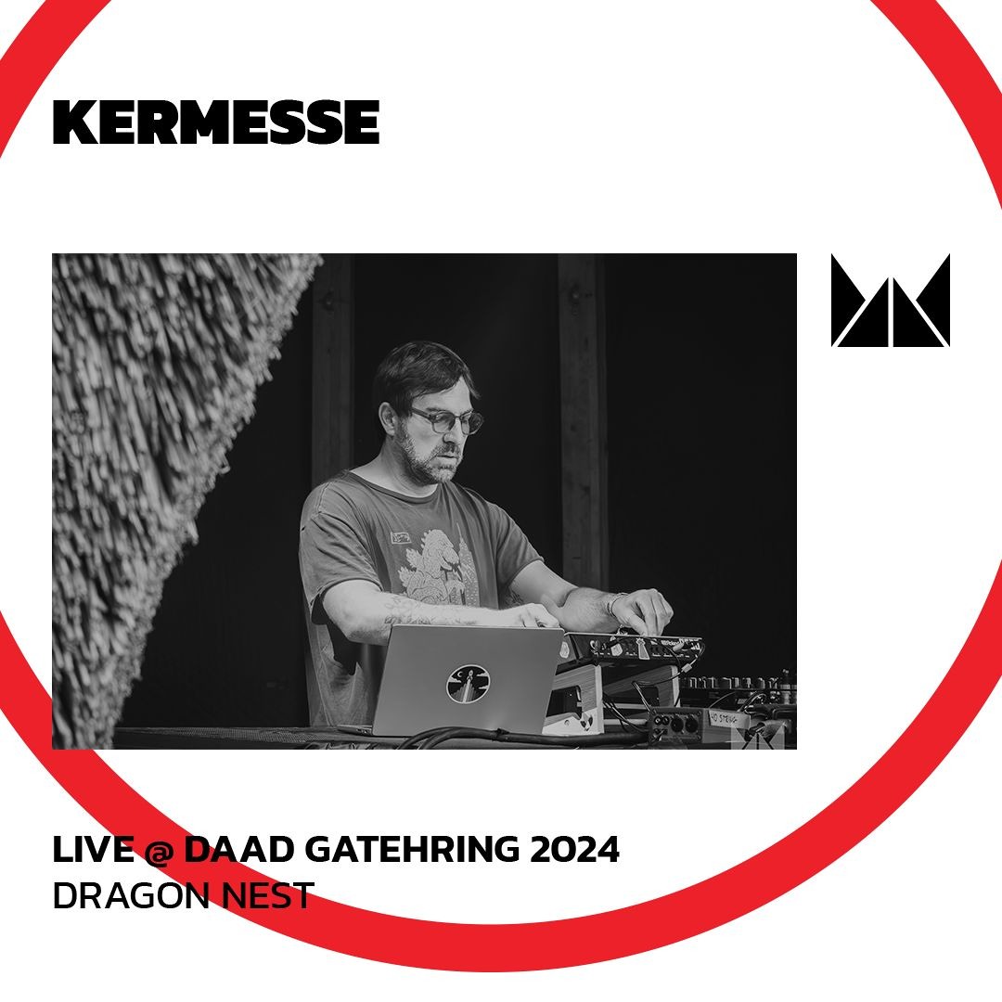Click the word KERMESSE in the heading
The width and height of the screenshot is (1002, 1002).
(x=216, y=122)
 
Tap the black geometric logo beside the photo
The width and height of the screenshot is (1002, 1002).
(x=890, y=301)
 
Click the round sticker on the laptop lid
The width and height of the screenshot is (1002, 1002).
(x=469, y=683)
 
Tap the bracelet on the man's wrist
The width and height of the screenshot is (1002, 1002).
(x=610, y=605)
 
